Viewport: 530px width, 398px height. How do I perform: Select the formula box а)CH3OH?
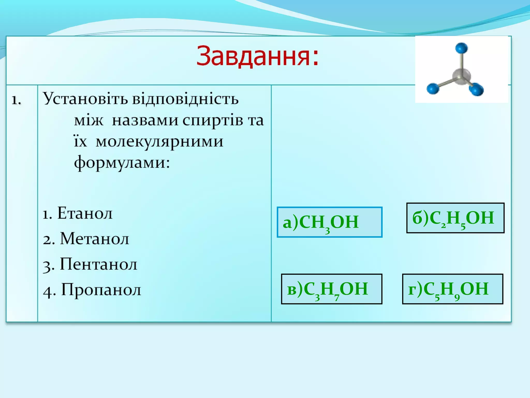pyautogui.click(x=329, y=222)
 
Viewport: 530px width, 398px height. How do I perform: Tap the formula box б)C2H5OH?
pyautogui.click(x=455, y=218)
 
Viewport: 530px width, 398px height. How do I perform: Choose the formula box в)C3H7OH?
pyautogui.click(x=331, y=289)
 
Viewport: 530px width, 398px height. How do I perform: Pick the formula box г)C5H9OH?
pyautogui.click(x=452, y=289)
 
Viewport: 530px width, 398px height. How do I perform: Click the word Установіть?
pyautogui.click(x=85, y=99)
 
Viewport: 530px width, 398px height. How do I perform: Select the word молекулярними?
pyautogui.click(x=159, y=142)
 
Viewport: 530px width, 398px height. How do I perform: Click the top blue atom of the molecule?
pyautogui.click(x=461, y=48)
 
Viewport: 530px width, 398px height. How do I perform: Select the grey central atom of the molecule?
pyautogui.click(x=461, y=77)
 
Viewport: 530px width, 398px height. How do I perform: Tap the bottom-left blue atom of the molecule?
pyautogui.click(x=433, y=88)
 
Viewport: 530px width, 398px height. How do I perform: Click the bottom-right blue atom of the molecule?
pyautogui.click(x=476, y=89)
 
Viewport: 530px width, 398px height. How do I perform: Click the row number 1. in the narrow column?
pyautogui.click(x=16, y=100)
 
